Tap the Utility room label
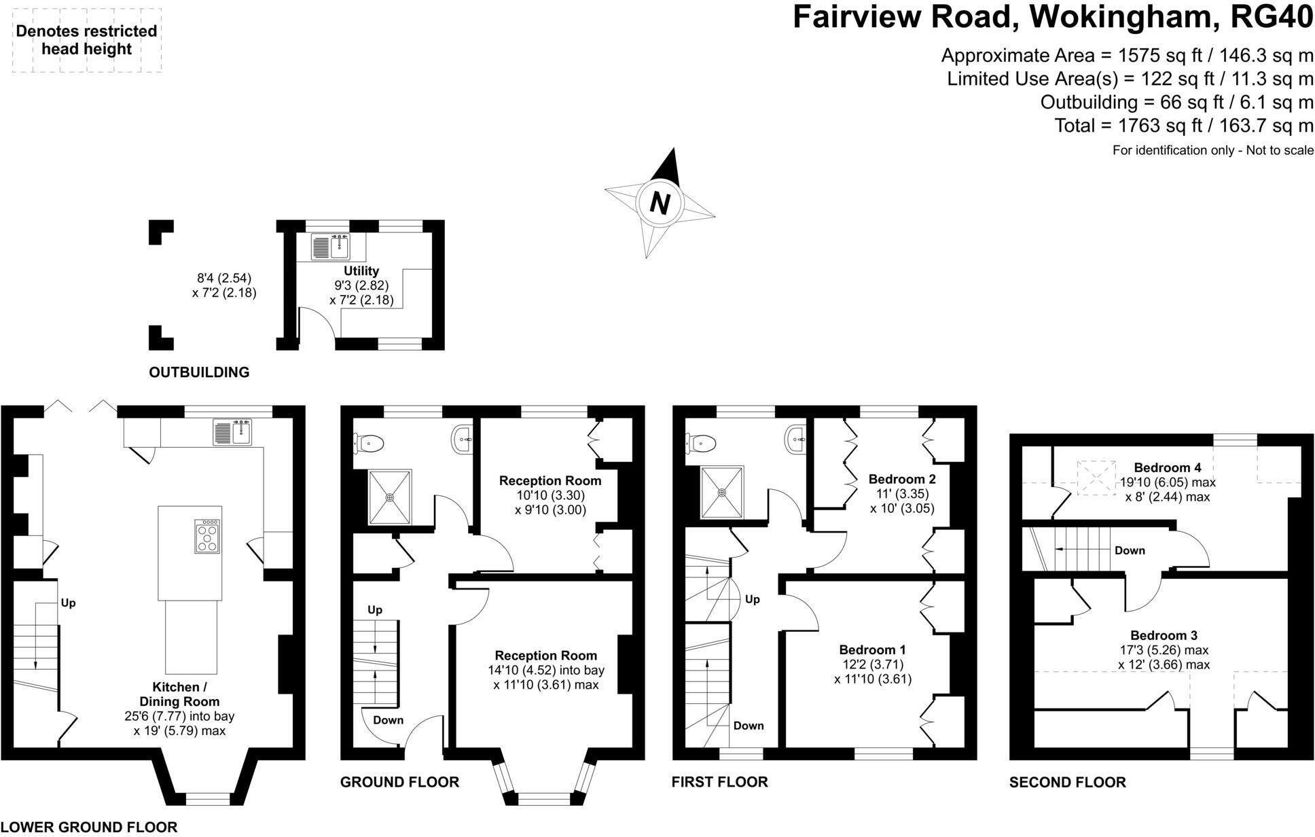click(x=361, y=270)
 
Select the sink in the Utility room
click(x=331, y=247)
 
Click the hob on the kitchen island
click(x=207, y=537)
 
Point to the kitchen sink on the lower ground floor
click(x=232, y=432)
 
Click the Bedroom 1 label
click(x=872, y=649)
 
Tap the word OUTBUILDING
click(x=199, y=372)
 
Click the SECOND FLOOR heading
click(x=1067, y=782)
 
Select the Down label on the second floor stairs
click(x=1130, y=550)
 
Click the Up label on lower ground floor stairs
click(x=68, y=603)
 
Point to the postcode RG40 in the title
click(x=1272, y=18)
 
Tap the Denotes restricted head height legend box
click(x=87, y=40)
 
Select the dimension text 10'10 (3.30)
click(x=550, y=495)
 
